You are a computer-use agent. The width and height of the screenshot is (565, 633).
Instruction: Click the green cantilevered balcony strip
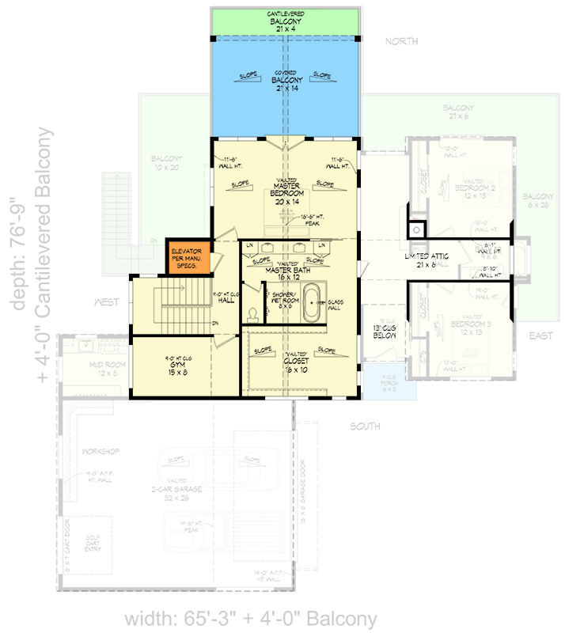[x=286, y=21]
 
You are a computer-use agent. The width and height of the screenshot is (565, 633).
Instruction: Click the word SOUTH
[x=366, y=426]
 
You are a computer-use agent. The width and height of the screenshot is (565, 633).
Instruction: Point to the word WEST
[x=107, y=302]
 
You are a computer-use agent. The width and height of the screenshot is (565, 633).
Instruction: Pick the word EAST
[x=541, y=336]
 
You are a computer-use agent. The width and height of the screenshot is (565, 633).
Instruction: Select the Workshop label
[x=100, y=451]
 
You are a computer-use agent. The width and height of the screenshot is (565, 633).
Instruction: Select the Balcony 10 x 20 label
[x=167, y=163]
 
